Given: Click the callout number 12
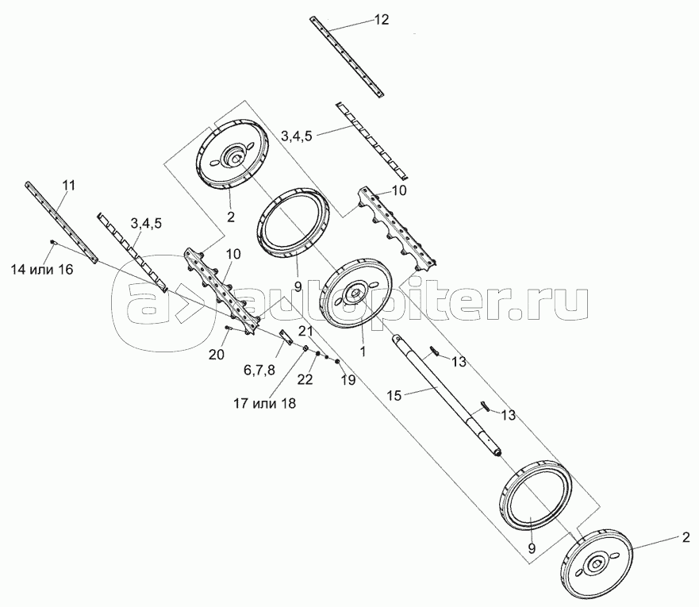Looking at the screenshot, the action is [x=381, y=20].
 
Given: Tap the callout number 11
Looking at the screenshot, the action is [x=68, y=186].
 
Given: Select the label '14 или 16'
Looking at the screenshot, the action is [x=42, y=270].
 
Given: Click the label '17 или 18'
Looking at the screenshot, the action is [x=264, y=403].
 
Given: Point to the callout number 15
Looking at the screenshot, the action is [x=395, y=395].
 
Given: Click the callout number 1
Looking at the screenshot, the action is [x=363, y=352].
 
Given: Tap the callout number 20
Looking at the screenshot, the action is [x=217, y=355].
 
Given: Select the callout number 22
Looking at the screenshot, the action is [x=305, y=379].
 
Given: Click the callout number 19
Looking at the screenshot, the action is [x=348, y=380].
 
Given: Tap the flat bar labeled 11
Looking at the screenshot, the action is [x=62, y=222].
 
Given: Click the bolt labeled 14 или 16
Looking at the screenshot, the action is [x=53, y=242].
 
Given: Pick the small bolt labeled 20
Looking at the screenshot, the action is [x=229, y=328].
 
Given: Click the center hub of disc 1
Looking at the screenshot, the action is [x=355, y=293].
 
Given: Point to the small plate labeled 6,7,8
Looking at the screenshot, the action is [x=285, y=337].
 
